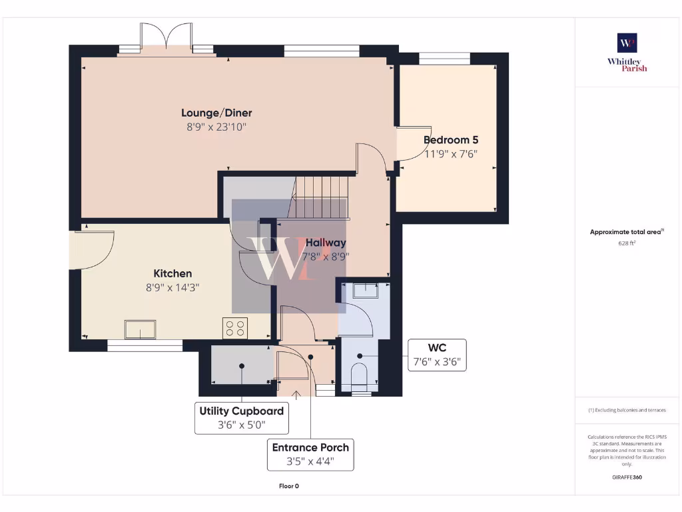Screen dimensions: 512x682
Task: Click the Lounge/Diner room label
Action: pyautogui.click(x=216, y=113)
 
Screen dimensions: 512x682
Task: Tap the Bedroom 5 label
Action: pyautogui.click(x=451, y=140)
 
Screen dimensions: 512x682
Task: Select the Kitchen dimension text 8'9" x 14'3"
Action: pyautogui.click(x=172, y=287)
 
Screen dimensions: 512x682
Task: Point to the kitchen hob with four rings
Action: pyautogui.click(x=234, y=328)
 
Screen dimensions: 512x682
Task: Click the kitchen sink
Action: pyautogui.click(x=140, y=329)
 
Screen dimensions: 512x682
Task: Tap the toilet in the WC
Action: pyautogui.click(x=359, y=374)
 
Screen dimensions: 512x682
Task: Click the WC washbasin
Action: pyautogui.click(x=364, y=290)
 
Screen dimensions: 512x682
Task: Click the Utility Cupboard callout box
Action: pyautogui.click(x=241, y=417)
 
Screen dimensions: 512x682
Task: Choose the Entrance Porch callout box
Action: pyautogui.click(x=310, y=454)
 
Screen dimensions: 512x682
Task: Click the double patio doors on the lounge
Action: pyautogui.click(x=166, y=39)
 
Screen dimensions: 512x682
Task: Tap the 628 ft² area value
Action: pyautogui.click(x=627, y=243)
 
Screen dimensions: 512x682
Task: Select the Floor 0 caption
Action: pyautogui.click(x=288, y=486)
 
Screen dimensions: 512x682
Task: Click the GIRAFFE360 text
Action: pyautogui.click(x=627, y=477)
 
